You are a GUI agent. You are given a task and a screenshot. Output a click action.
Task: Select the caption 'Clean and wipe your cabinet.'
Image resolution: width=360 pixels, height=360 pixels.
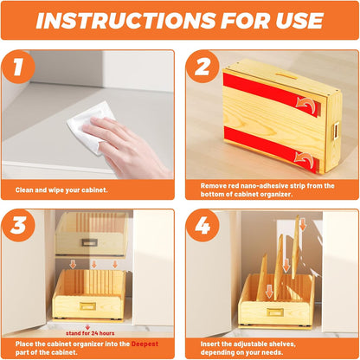coord(63,190)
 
